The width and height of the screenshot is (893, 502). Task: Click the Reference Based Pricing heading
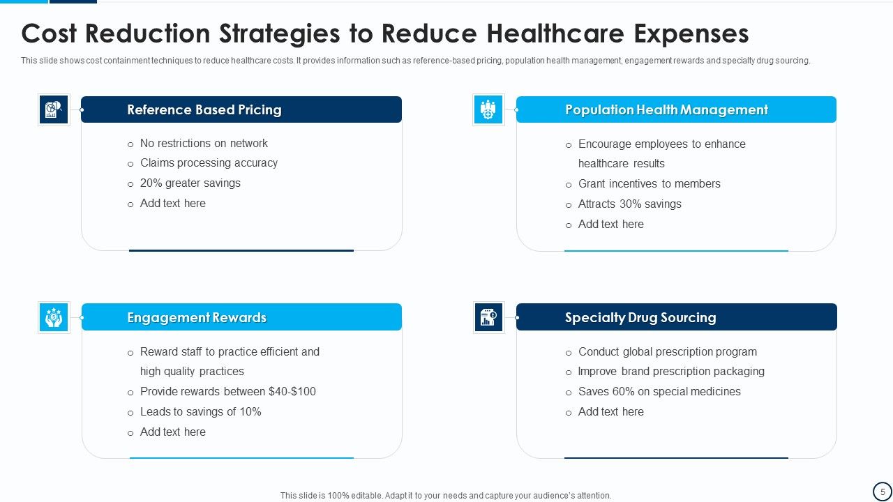click(x=204, y=110)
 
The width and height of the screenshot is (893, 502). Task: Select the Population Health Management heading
click(x=666, y=110)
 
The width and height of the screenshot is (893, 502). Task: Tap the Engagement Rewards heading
click(x=197, y=318)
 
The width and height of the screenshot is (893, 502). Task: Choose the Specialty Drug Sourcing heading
click(x=640, y=318)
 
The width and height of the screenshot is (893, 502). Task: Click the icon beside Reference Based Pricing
click(x=54, y=109)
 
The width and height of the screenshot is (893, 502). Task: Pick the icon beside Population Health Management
click(x=488, y=109)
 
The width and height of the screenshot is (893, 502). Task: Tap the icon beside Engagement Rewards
click(x=54, y=317)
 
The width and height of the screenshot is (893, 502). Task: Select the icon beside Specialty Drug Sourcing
click(x=488, y=317)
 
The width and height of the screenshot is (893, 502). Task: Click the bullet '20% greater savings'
click(x=190, y=183)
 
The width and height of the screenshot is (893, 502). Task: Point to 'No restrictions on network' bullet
click(x=204, y=144)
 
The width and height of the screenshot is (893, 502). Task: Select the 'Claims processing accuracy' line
click(x=209, y=163)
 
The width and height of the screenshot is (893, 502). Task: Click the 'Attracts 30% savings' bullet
click(x=629, y=204)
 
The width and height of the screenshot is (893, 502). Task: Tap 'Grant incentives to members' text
click(x=649, y=184)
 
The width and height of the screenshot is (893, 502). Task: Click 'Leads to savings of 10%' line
click(x=200, y=412)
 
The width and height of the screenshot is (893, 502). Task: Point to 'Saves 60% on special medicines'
click(x=659, y=392)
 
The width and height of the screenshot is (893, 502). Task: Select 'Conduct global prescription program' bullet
click(x=667, y=352)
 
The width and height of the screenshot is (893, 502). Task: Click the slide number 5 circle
click(x=883, y=492)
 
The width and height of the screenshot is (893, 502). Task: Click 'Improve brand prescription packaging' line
click(x=671, y=372)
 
